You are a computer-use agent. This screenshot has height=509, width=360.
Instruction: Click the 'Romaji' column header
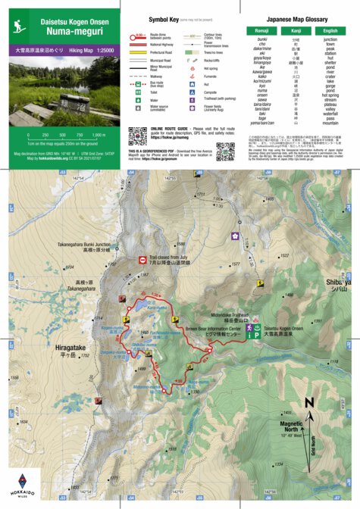click(x=261, y=30)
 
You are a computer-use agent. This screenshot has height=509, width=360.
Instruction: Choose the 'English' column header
click(x=330, y=30)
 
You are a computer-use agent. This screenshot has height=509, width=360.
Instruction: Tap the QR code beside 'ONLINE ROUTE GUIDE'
click(x=136, y=136)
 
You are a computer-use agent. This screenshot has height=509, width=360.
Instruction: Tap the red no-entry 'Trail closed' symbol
click(x=143, y=260)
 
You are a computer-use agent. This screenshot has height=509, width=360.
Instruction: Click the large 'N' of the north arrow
click(x=308, y=403)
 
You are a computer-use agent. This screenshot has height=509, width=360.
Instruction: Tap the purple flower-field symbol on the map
click(x=235, y=236)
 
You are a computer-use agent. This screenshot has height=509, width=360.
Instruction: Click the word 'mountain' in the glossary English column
click(x=330, y=122)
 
